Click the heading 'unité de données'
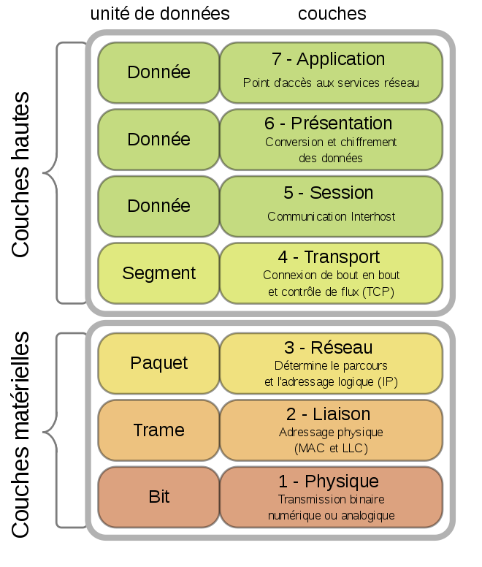(x=159, y=14)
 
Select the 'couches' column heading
(x=332, y=14)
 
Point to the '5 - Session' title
(x=331, y=193)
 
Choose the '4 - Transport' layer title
(x=331, y=257)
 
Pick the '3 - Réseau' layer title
(x=331, y=348)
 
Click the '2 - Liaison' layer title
(x=331, y=415)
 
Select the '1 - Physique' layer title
(x=331, y=482)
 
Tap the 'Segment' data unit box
(x=158, y=273)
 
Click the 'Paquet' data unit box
(x=158, y=363)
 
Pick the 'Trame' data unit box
(x=158, y=430)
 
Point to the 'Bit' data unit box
(x=158, y=497)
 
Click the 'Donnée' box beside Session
(x=158, y=206)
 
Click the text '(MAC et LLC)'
(x=331, y=448)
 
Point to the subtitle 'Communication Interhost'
(x=331, y=216)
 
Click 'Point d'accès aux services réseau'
(x=331, y=83)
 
